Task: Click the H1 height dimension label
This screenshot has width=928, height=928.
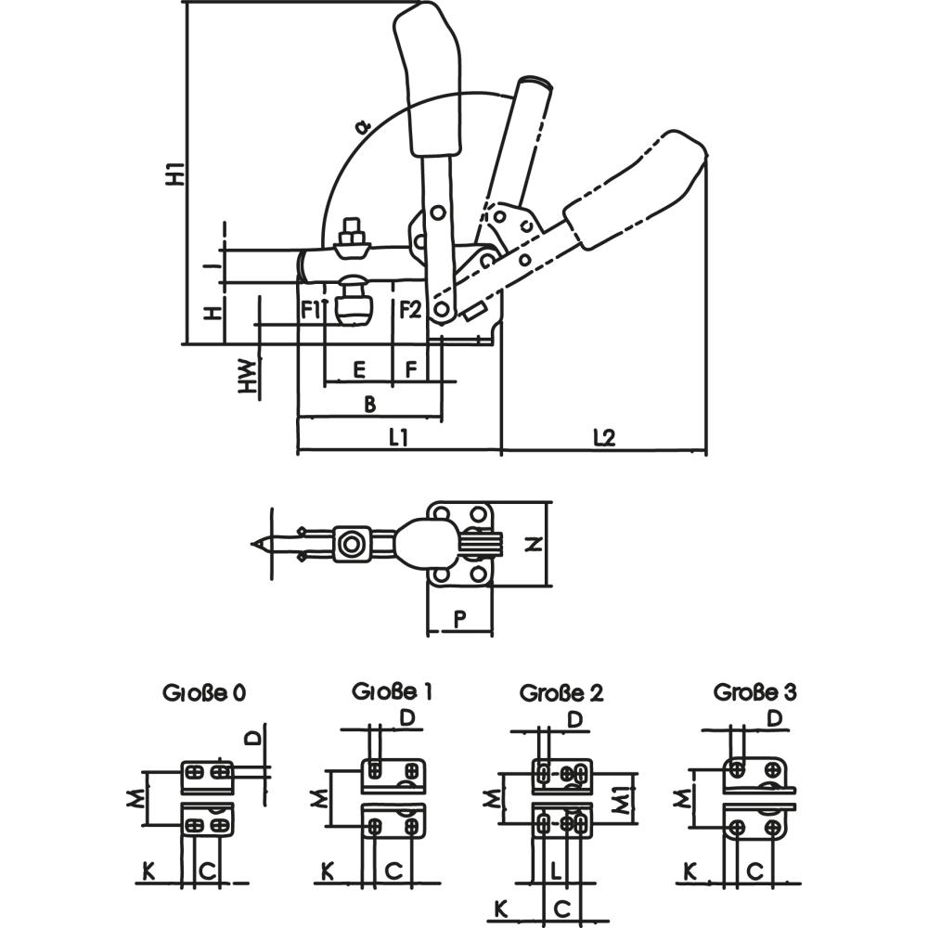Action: coord(174,174)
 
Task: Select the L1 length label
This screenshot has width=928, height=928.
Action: coord(399,437)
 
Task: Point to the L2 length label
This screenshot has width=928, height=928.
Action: coord(604,437)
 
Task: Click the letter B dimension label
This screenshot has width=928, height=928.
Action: coord(368,404)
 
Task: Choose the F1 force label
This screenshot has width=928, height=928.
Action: coord(311,309)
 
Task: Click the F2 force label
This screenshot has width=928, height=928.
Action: coord(410,309)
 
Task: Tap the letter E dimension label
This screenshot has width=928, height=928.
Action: coord(359,370)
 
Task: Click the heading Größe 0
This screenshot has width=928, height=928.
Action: coord(205,692)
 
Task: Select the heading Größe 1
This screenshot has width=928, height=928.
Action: coord(392,691)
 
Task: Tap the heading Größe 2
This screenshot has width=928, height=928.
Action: coord(561,693)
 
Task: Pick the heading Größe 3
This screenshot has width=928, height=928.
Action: coord(754,691)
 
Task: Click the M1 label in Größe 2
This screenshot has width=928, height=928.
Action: coord(624,797)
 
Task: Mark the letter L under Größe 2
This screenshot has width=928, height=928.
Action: coord(554,870)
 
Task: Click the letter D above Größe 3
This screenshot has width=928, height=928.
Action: coord(776,719)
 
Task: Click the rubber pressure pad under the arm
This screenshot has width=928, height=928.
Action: coord(352,306)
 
